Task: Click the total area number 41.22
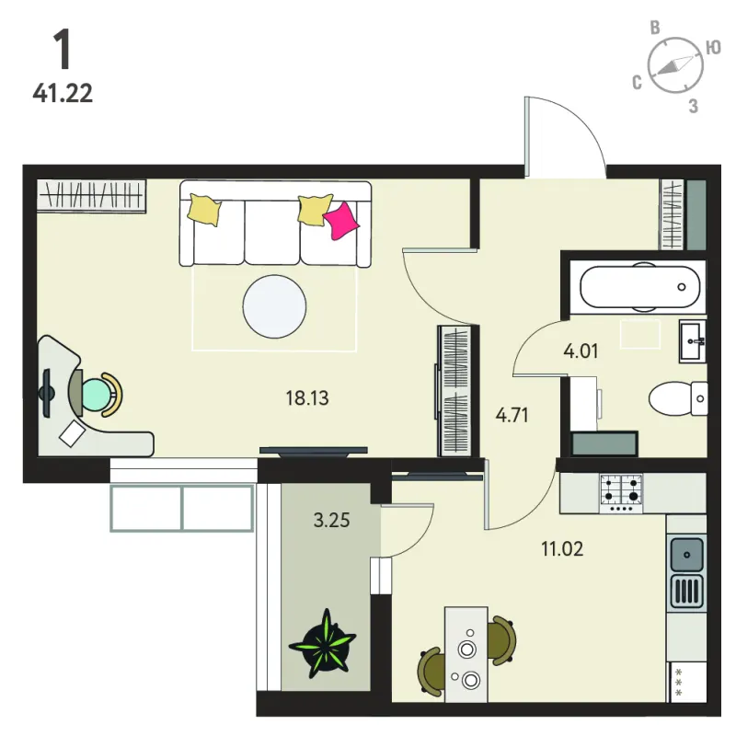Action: (x=63, y=94)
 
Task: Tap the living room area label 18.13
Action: (x=307, y=398)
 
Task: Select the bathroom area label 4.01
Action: (x=581, y=351)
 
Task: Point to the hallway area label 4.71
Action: (x=512, y=416)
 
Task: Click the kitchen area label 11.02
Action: (x=562, y=548)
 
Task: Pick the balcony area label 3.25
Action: (x=332, y=520)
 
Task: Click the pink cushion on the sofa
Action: (x=340, y=221)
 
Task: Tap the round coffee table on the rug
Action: (x=274, y=306)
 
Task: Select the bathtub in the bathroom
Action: (x=639, y=287)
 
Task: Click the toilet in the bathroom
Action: (x=678, y=398)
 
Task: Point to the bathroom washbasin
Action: (x=693, y=341)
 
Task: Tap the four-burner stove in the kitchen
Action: (x=621, y=493)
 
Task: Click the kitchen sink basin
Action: (x=686, y=555)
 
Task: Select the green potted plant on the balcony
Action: (x=323, y=644)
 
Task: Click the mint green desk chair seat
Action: (x=97, y=395)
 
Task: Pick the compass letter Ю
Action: (x=713, y=48)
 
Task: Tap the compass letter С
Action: (x=637, y=82)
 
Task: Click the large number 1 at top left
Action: (x=62, y=50)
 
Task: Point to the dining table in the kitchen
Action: (x=466, y=654)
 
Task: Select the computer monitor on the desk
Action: (x=47, y=394)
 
